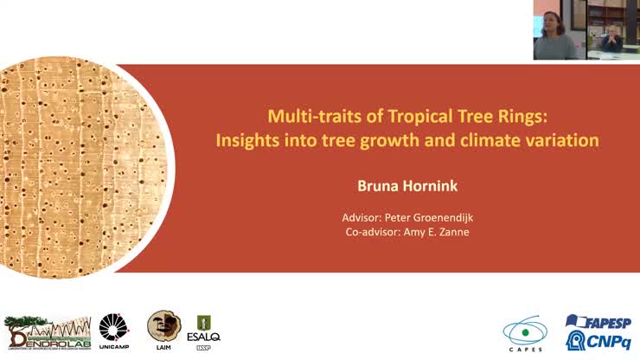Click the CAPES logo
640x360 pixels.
526,334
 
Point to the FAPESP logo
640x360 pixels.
598,322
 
